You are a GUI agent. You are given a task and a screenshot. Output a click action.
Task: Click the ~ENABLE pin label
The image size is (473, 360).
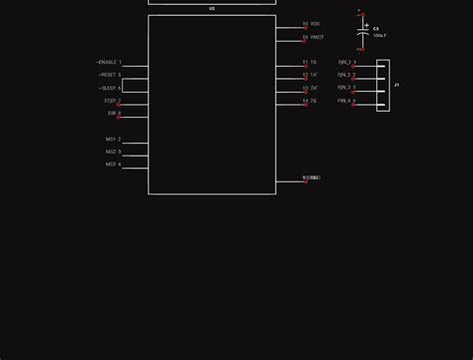pos(107,62)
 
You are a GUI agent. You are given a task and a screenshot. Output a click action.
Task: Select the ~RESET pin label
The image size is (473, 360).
pos(107,75)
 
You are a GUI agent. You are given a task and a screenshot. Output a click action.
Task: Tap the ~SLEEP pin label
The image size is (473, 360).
pos(108,88)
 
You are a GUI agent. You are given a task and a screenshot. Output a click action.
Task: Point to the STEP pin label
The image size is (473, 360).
pos(110,101)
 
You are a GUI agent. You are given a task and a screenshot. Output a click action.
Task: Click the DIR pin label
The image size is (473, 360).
pos(112,114)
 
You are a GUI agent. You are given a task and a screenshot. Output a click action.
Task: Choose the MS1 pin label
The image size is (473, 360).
pos(111,140)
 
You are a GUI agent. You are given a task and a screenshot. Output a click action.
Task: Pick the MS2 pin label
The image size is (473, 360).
pos(111,152)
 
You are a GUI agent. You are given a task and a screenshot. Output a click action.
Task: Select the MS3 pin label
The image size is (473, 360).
pos(111,165)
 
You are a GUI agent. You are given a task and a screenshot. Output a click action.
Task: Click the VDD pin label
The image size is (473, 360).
pos(315,24)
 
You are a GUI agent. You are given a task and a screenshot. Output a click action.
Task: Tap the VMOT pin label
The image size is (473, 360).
pos(317,37)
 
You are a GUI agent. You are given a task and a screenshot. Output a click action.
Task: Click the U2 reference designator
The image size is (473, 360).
pos(212,9)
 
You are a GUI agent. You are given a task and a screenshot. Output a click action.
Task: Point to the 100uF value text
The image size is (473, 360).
pos(379,36)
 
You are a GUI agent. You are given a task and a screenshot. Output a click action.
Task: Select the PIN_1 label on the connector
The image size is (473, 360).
pos(344,62)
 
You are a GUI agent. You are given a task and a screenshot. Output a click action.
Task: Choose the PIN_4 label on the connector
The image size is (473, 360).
pos(344,101)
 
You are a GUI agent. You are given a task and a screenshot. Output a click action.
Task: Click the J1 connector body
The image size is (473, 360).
pos(382,82)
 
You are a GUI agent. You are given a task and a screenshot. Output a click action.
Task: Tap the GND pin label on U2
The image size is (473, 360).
pos(312,178)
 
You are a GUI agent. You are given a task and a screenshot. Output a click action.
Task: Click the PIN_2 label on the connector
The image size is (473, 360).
pos(344,75)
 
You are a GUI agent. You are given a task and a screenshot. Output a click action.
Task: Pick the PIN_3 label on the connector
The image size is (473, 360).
pos(344,88)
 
